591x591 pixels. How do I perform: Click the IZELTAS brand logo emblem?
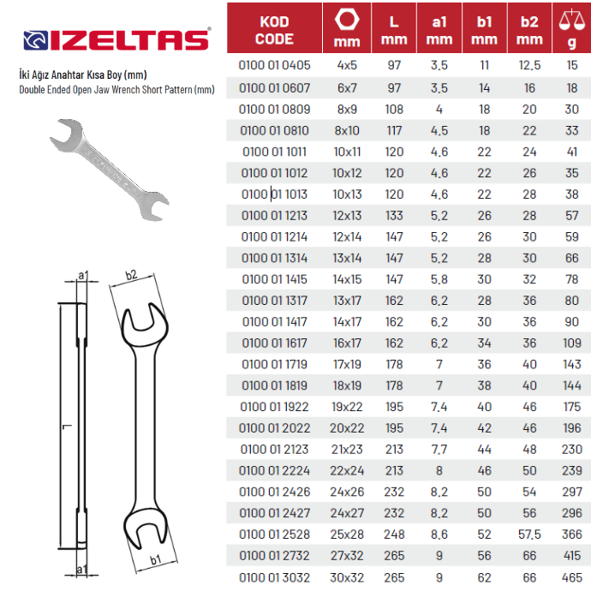(x=36, y=40)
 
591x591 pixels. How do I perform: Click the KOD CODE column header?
(x=274, y=30)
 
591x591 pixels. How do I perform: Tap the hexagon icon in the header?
(x=347, y=19)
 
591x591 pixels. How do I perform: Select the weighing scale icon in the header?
(x=572, y=21)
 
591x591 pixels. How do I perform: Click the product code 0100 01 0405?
(x=274, y=65)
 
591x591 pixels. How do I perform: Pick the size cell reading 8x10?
(x=347, y=131)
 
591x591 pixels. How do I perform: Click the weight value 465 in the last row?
(x=572, y=577)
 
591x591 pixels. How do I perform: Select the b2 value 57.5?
(x=529, y=534)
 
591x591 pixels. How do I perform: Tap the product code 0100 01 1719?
(x=274, y=365)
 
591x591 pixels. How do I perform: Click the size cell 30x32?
(x=347, y=577)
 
